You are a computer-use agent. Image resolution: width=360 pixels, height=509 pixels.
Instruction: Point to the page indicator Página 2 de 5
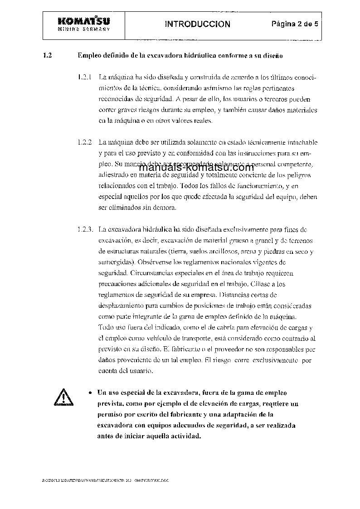click(295, 24)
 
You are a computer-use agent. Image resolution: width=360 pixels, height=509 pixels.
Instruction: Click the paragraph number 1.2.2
click(85, 142)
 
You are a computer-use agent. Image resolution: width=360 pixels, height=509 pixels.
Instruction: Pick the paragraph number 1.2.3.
click(86, 230)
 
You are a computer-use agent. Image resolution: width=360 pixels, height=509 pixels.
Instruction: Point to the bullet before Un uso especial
click(92, 393)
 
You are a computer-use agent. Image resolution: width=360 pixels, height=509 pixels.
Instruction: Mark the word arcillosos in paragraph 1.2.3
click(229, 252)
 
